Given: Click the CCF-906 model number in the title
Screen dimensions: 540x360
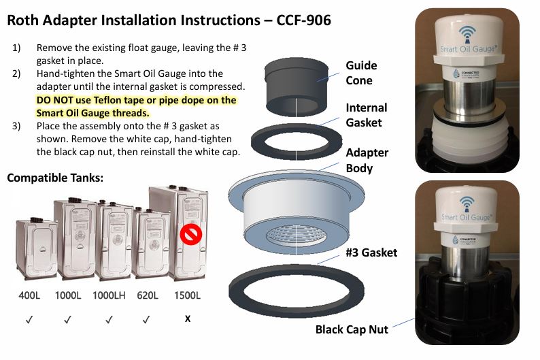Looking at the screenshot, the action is point(304,20).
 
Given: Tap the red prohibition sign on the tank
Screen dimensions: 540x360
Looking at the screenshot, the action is point(191,235).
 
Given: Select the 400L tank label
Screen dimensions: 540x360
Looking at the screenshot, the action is point(29,295).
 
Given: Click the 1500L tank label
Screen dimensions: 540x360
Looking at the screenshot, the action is point(187,295).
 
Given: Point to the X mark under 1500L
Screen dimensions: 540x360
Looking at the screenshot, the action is point(187,318).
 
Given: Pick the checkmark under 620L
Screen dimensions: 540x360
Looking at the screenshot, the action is point(146,320).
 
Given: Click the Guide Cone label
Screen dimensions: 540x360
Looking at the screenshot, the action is point(361,73).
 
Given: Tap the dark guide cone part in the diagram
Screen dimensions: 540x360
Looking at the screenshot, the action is point(296,87).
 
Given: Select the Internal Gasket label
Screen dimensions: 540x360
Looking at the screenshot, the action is point(367,115).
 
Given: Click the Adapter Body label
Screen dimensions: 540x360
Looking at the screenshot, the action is point(367,160).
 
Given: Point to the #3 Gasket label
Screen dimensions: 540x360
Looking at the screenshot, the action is point(371,252).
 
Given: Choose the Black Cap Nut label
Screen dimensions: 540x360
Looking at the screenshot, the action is point(352,329).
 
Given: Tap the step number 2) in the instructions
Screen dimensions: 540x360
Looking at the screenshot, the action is point(16,73).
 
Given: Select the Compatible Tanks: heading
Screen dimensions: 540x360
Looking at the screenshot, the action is point(55,178).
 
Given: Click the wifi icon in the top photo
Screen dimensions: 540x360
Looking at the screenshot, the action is point(467,35).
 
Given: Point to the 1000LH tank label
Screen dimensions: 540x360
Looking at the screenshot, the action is point(109,295).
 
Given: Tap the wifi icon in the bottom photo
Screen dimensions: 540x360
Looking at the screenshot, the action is point(467,204).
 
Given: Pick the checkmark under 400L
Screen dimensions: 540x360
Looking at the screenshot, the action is point(29,320).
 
